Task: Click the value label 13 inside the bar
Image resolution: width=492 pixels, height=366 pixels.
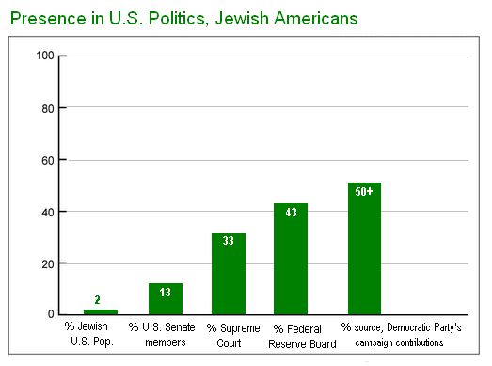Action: [165, 293]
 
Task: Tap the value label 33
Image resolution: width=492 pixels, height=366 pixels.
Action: [228, 241]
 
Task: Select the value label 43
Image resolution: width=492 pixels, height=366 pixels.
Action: [291, 214]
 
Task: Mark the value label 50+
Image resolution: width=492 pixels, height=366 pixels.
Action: [364, 191]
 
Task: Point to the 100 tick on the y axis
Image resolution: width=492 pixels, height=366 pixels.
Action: [43, 56]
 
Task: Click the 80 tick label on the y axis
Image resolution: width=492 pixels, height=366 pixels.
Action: [46, 108]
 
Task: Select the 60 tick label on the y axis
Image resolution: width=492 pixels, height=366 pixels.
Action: [46, 160]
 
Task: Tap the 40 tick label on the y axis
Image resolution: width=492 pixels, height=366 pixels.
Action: [46, 212]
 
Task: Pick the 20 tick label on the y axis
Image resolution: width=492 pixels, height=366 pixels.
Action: [46, 263]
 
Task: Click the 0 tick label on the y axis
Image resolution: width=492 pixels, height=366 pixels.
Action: [49, 314]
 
